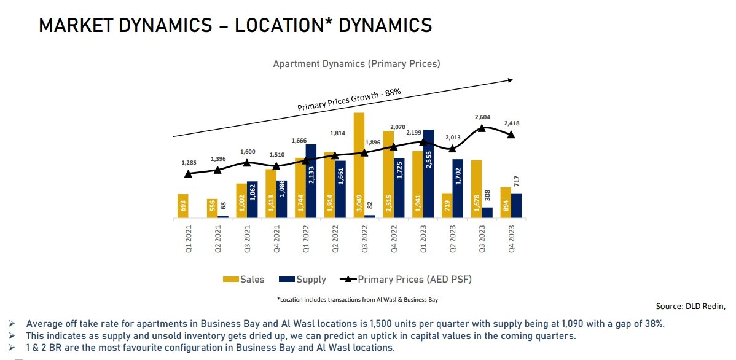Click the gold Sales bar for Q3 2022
(359, 165)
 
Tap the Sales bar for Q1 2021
(182, 206)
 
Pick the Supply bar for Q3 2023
(487, 212)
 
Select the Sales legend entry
(244, 280)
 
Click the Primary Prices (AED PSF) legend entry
(405, 280)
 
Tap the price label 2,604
(482, 117)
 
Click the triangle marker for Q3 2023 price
(482, 128)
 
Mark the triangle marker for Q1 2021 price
(188, 174)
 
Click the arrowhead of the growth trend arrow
(509, 79)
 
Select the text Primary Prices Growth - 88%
(349, 100)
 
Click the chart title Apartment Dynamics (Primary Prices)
(356, 63)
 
